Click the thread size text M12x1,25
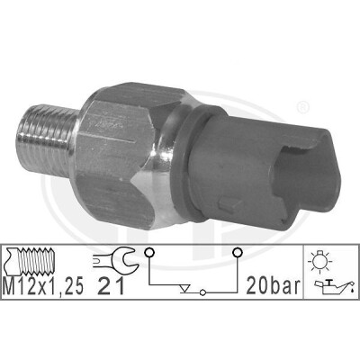click(x=42, y=286)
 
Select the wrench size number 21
click(x=111, y=286)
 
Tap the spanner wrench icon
click(x=115, y=258)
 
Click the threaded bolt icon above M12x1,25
click(x=29, y=261)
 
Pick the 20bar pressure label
click(x=273, y=286)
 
